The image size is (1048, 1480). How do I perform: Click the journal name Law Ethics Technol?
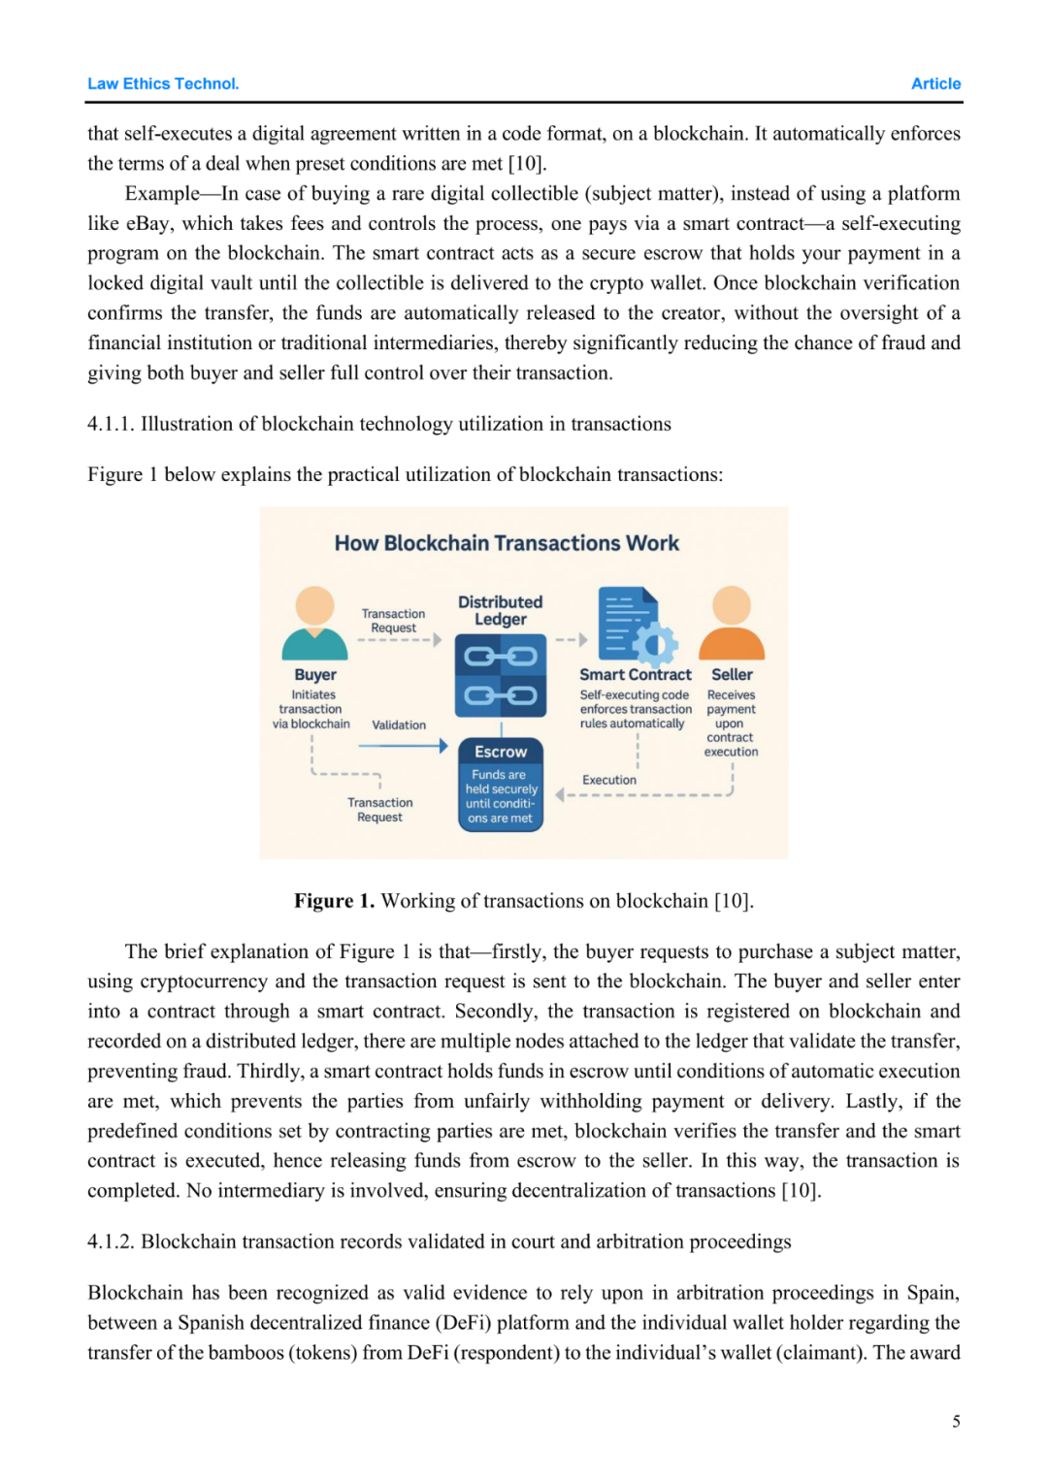point(163,83)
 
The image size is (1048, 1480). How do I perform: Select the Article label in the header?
point(935,83)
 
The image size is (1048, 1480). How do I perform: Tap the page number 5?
point(956,1421)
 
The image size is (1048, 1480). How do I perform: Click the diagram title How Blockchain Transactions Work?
point(507,543)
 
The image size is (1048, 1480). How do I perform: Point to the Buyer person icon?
point(314,623)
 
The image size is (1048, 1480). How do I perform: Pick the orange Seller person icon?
point(732,623)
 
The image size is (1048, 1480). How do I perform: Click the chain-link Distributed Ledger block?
point(501,676)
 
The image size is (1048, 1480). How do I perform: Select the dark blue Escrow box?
point(501,785)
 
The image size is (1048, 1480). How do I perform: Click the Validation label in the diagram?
point(399,724)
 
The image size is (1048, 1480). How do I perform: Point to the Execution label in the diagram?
point(609,780)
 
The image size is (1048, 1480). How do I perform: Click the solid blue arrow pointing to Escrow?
point(403,746)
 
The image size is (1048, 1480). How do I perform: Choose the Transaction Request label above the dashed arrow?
point(393,621)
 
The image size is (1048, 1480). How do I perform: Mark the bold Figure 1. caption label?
point(334,901)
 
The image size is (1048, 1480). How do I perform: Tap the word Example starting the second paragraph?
point(162,193)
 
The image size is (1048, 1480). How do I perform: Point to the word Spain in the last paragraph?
point(933,1293)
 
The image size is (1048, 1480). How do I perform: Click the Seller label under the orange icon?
point(732,674)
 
